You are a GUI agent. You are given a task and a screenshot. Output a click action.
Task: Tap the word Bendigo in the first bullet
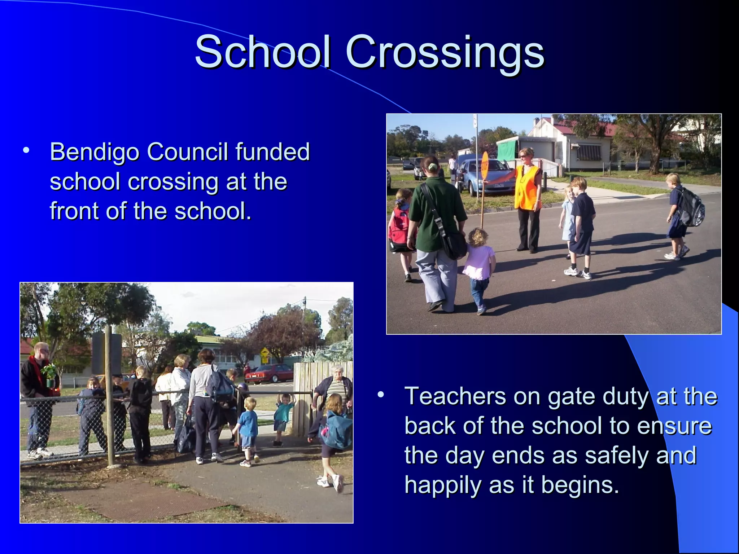[94, 152]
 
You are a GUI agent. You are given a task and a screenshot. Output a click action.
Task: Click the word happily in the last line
[442, 485]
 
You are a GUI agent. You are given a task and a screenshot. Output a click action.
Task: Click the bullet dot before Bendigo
[26, 150]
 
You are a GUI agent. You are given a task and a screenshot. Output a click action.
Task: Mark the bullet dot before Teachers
[380, 395]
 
